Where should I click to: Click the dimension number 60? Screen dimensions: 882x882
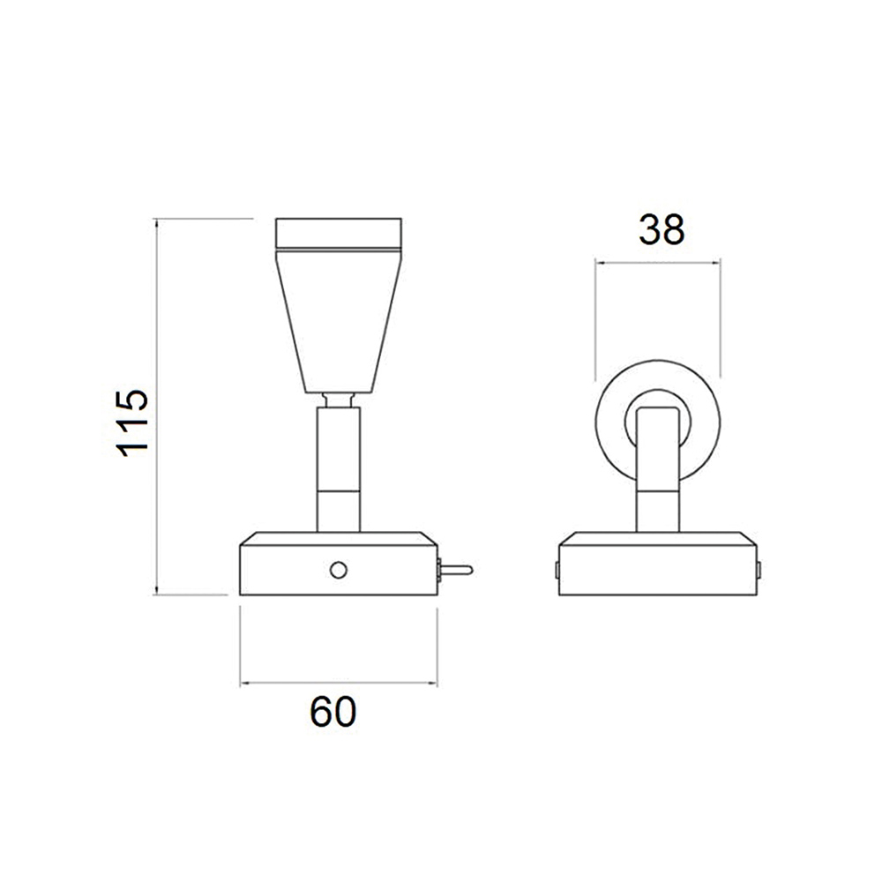[x=333, y=712]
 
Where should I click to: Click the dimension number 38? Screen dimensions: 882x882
[x=661, y=229]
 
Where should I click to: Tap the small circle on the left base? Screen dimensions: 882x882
[x=338, y=571]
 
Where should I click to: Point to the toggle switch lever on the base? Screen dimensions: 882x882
[x=455, y=571]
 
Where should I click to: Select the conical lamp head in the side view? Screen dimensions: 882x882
[x=338, y=321]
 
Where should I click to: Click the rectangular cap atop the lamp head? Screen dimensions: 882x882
[x=338, y=233]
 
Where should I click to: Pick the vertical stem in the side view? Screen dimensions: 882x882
[x=338, y=469]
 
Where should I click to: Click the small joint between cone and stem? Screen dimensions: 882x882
[x=338, y=400]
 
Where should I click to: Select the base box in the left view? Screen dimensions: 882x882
[x=339, y=563]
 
